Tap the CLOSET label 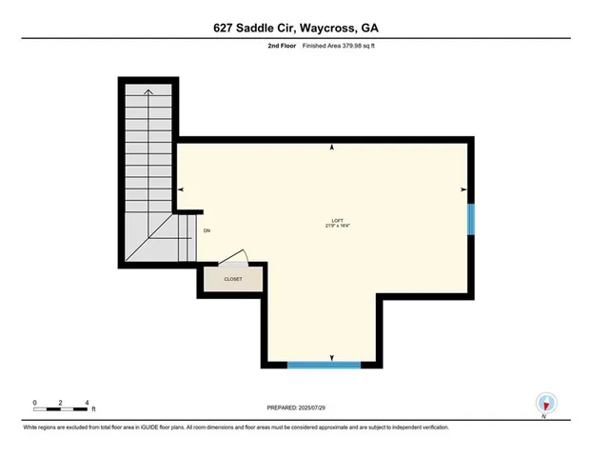tap(233, 279)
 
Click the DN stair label tap(207, 230)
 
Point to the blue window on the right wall tap(469, 218)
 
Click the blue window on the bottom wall tap(324, 364)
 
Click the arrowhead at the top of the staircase tap(148, 92)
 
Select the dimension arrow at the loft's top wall tap(332, 148)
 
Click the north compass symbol tap(545, 404)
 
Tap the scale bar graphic tap(61, 410)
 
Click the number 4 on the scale tap(87, 402)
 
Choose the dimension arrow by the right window tap(463, 189)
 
